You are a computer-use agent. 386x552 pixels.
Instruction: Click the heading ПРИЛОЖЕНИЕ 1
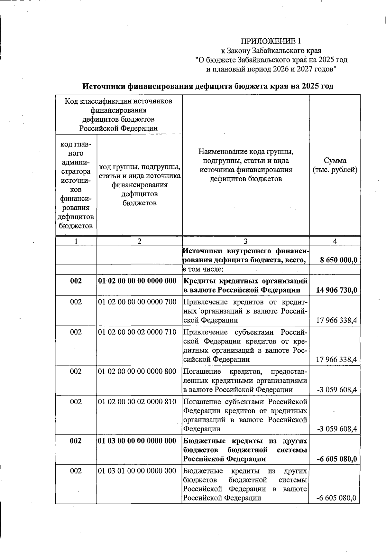pyautogui.click(x=271, y=41)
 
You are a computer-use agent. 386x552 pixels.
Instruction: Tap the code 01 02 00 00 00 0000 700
pyautogui.click(x=137, y=302)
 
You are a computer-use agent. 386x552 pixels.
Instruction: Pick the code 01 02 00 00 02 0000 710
pyautogui.click(x=137, y=332)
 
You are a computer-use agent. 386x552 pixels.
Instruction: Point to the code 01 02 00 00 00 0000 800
pyautogui.click(x=137, y=371)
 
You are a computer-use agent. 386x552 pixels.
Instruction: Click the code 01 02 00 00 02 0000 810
pyautogui.click(x=137, y=402)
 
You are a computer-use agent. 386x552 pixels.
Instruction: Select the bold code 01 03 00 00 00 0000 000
pyautogui.click(x=137, y=441)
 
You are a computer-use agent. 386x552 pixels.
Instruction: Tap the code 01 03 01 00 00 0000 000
pyautogui.click(x=137, y=471)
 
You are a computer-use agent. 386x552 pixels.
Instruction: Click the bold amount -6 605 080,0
pyautogui.click(x=337, y=459)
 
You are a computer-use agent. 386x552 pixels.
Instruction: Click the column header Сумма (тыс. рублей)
pyautogui.click(x=335, y=165)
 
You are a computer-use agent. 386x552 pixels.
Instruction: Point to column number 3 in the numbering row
pyautogui.click(x=246, y=241)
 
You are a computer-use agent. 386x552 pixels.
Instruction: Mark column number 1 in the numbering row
pyautogui.click(x=76, y=241)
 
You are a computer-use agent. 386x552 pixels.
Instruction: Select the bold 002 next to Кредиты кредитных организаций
pyautogui.click(x=76, y=281)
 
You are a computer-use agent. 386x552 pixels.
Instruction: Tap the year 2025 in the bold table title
pyautogui.click(x=311, y=86)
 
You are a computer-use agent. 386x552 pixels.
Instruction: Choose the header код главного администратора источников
pyautogui.click(x=76, y=185)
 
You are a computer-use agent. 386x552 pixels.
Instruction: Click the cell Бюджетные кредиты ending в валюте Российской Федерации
pyautogui.click(x=245, y=484)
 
